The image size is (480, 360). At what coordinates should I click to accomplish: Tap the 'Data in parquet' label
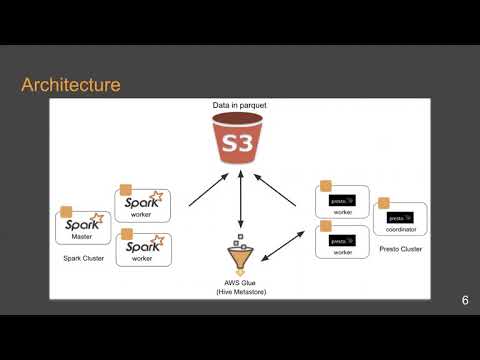click(x=240, y=106)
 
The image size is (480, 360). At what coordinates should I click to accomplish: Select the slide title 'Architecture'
click(x=71, y=85)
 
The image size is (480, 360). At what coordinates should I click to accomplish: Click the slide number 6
click(x=465, y=301)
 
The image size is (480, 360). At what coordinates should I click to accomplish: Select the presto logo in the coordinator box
click(x=399, y=214)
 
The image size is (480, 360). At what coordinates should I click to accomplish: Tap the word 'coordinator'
click(x=399, y=227)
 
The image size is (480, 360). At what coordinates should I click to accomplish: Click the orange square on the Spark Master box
click(x=67, y=212)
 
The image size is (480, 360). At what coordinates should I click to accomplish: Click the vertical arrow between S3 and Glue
click(x=240, y=204)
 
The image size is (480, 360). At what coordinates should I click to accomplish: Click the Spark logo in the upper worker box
click(x=147, y=203)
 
